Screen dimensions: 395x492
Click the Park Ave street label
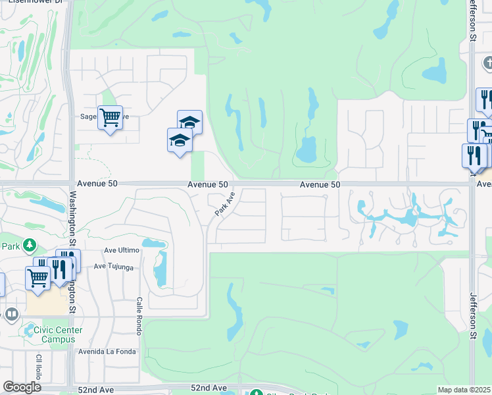(x=225, y=206)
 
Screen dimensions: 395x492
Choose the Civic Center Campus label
(x=53, y=334)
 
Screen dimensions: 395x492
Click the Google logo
(x=22, y=387)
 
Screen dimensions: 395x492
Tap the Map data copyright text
(x=464, y=390)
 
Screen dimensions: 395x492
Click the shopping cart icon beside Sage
(x=110, y=118)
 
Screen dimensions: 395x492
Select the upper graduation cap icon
(x=189, y=122)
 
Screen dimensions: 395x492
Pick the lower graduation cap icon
(x=180, y=140)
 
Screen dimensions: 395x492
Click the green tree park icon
(x=29, y=246)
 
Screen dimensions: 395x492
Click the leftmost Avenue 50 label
(x=97, y=184)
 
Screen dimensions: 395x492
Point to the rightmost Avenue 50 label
(x=320, y=185)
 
